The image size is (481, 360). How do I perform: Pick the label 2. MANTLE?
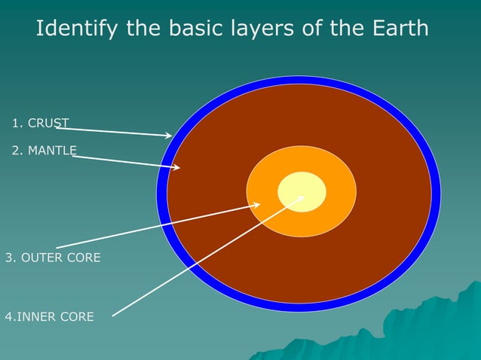[44, 151]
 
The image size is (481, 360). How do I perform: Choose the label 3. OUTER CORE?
[52, 258]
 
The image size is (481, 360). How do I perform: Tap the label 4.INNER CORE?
[50, 317]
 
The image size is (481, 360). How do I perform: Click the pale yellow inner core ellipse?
[302, 192]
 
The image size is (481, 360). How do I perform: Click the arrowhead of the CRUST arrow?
[170, 136]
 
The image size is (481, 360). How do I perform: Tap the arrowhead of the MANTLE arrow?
[178, 168]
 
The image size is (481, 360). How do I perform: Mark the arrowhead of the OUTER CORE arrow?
[258, 204]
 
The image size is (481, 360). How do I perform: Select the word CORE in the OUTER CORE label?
[83, 258]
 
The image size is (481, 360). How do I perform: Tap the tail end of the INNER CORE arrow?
[113, 315]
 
